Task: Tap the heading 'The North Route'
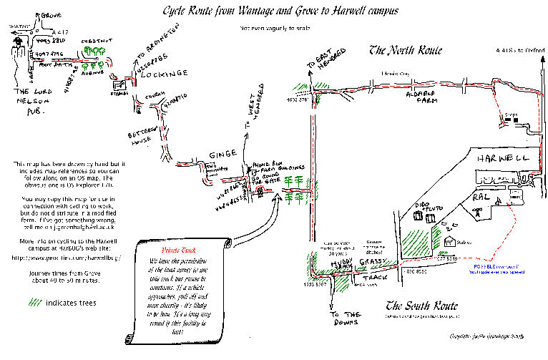point(405,51)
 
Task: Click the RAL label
point(479,196)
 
